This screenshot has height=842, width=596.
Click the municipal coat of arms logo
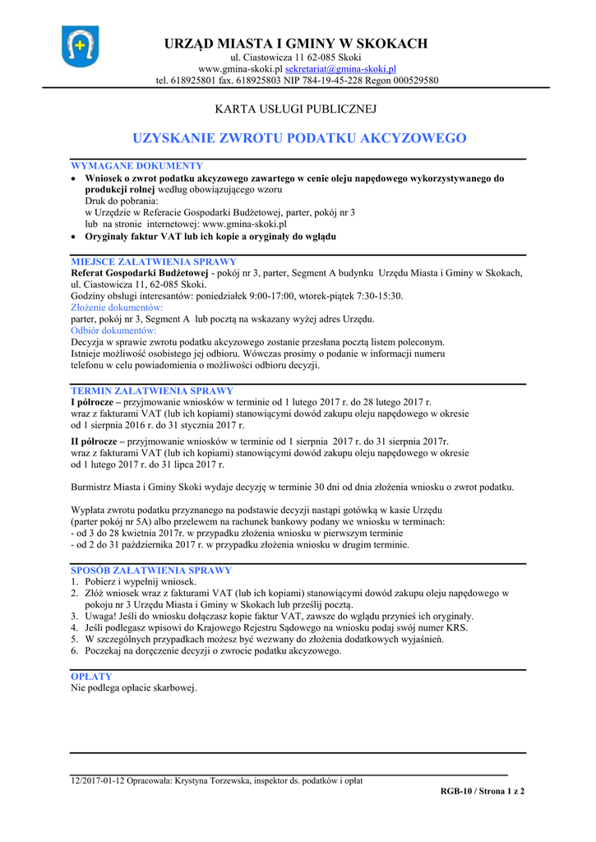[x=80, y=46]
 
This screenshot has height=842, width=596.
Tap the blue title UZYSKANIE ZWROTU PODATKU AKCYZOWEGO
[x=299, y=138]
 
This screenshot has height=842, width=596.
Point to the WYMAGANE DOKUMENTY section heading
[x=136, y=166]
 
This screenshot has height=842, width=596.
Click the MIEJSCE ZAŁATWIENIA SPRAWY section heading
[x=154, y=261]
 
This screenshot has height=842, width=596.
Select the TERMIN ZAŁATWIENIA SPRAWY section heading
[x=152, y=391]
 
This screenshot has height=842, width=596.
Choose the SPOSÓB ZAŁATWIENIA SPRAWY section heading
[x=151, y=570]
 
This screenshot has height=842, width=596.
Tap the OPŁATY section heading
[x=91, y=677]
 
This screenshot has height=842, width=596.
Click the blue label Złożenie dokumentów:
[x=117, y=307]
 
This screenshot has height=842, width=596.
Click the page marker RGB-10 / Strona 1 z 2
[x=482, y=791]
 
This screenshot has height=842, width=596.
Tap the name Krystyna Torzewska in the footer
[x=212, y=780]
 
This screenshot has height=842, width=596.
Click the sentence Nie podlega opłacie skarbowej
[x=134, y=688]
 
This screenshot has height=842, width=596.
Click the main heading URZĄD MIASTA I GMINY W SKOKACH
[x=297, y=44]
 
